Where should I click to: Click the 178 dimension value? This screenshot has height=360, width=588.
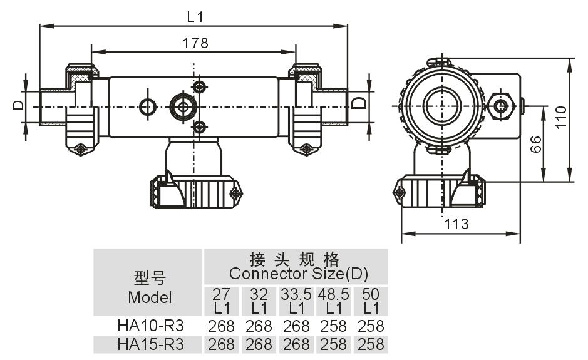195,43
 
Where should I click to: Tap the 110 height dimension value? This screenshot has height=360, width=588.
561,117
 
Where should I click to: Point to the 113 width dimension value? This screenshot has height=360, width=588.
456,224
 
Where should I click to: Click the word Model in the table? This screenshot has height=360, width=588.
150,297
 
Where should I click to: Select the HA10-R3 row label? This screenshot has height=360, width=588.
150,326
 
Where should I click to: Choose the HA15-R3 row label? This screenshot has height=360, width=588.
150,344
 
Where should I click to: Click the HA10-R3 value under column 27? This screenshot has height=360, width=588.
222,326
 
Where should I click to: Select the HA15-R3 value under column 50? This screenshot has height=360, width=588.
371,344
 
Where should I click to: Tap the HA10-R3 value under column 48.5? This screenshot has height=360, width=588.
334,326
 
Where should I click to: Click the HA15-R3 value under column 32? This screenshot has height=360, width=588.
259,344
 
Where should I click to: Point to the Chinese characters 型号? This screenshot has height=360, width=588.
150,278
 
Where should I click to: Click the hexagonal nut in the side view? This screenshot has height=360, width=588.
501,105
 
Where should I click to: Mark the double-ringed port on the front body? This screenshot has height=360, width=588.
183,106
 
